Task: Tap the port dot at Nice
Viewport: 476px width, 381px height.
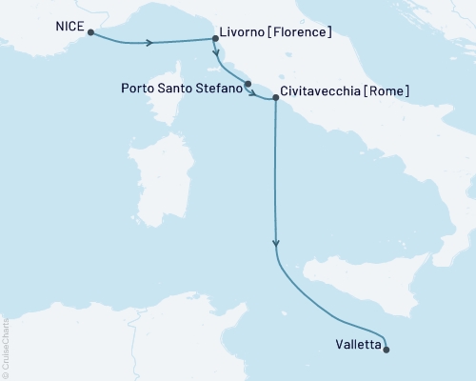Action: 90,32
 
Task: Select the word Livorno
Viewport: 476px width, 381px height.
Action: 246,33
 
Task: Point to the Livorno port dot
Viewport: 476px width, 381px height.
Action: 214,39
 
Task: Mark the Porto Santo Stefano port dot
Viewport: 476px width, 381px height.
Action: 248,85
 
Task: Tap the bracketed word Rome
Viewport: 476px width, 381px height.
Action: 390,93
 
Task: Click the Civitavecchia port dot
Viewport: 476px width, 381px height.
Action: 275,97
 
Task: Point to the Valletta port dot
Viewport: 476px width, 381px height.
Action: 387,350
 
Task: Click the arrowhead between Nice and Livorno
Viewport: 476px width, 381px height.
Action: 149,43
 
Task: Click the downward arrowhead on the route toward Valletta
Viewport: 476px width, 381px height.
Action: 276,244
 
